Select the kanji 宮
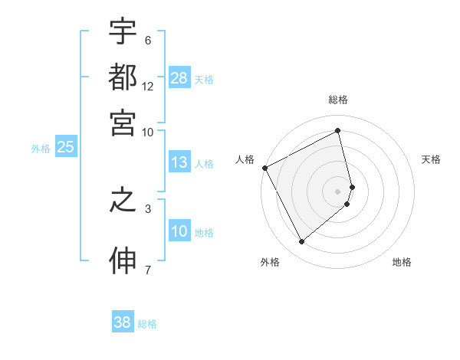[x=123, y=123]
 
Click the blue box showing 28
[x=179, y=78]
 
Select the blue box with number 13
[x=179, y=162]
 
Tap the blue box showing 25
[x=65, y=148]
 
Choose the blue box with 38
[x=123, y=322]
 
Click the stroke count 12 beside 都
[x=148, y=87]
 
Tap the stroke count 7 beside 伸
[x=148, y=269]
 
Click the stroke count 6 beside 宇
[x=148, y=41]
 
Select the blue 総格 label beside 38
[x=147, y=324]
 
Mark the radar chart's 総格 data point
[x=338, y=129]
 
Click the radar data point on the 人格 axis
[x=264, y=168]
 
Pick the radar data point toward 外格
[x=301, y=242]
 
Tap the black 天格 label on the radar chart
[x=431, y=159]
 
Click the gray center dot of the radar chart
[x=338, y=191]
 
